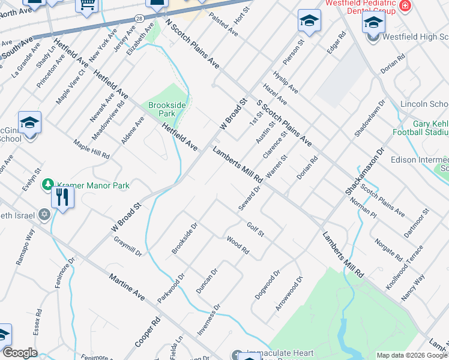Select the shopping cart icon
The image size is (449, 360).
[87, 5]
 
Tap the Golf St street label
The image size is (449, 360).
[256, 229]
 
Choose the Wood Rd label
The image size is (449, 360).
[238, 245]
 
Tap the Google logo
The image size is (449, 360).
[20, 353]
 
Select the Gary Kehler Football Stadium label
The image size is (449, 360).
[420, 128]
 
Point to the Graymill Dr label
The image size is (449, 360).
[128, 245]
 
